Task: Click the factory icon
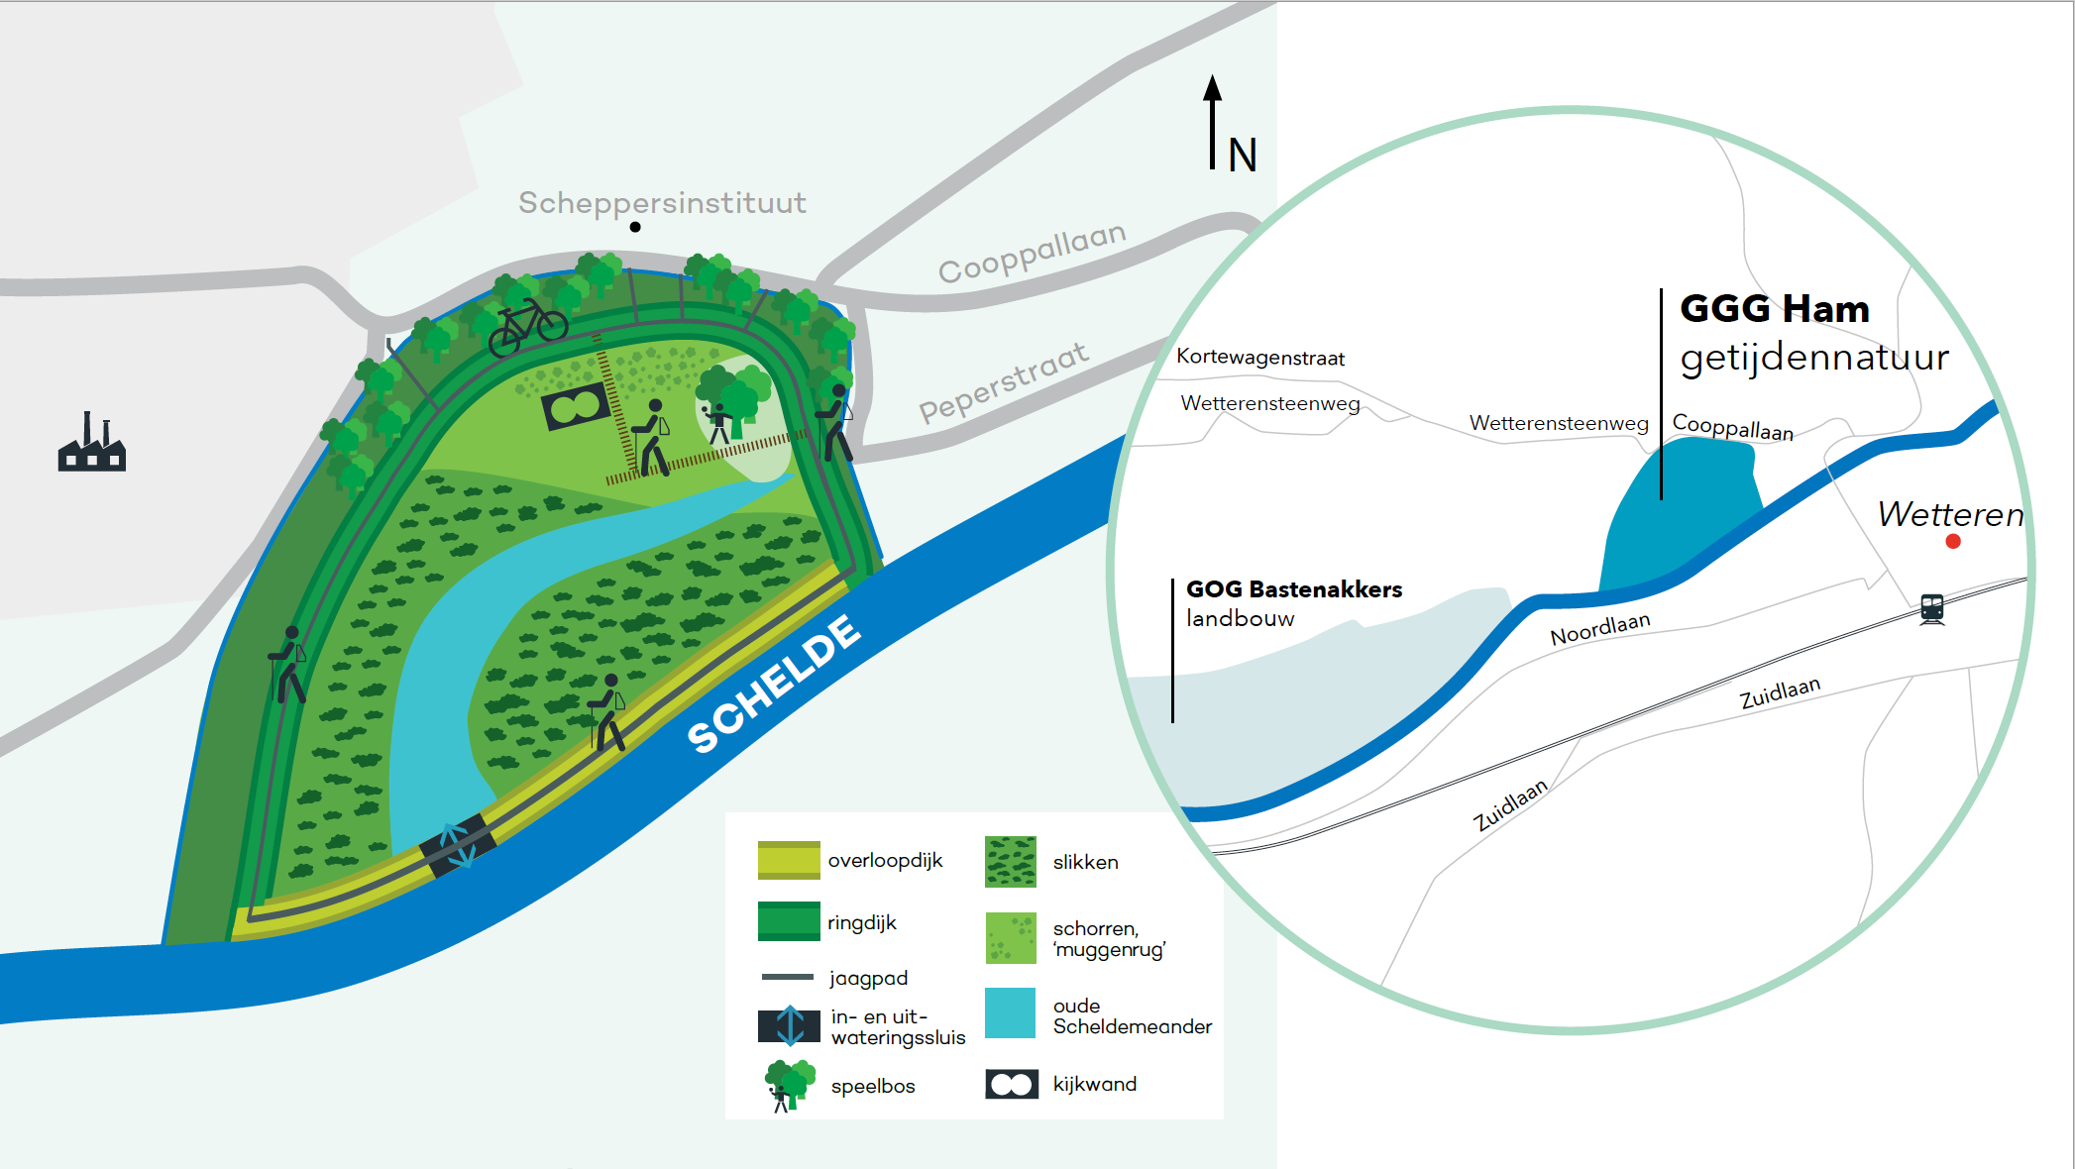tap(91, 443)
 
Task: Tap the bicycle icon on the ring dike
tap(528, 326)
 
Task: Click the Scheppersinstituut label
tap(662, 203)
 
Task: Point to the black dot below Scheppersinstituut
tap(635, 227)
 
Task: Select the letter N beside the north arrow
tap(1242, 156)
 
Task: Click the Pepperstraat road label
tap(1003, 382)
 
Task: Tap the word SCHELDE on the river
tap(774, 683)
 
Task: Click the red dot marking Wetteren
tap(1953, 541)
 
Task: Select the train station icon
tap(1932, 608)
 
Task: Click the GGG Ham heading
tap(1774, 309)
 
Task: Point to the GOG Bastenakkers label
tap(1293, 589)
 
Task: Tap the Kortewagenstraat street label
tap(1259, 358)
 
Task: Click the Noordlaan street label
tap(1599, 628)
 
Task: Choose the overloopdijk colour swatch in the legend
tap(789, 860)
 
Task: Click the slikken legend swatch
tap(1011, 861)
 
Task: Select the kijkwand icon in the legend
tap(1012, 1084)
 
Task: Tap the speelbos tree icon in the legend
tap(790, 1085)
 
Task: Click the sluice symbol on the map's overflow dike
tap(457, 846)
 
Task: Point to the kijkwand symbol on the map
tap(576, 405)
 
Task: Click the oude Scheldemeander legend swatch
tap(1011, 1012)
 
